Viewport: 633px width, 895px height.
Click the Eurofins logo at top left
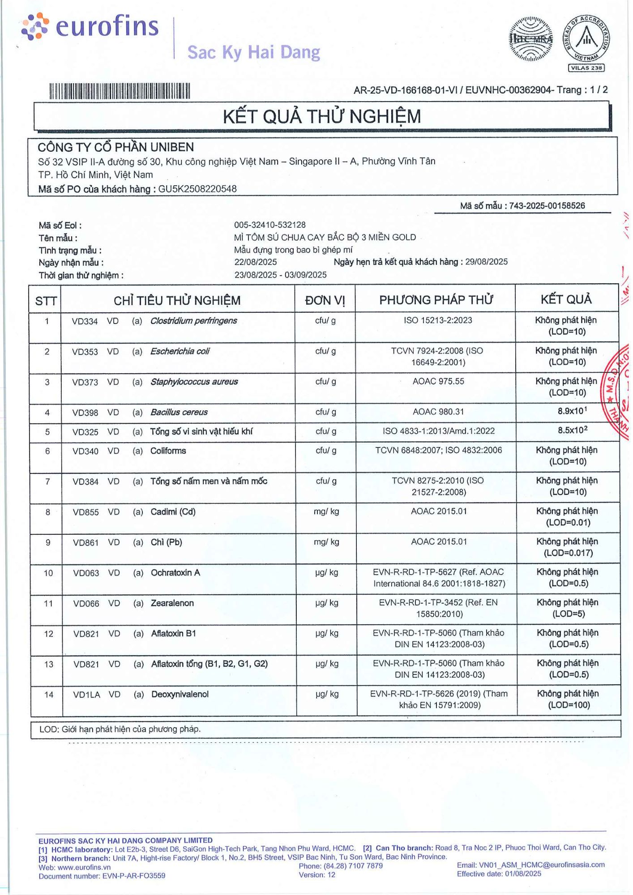point(90,27)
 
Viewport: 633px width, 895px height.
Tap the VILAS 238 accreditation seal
point(586,43)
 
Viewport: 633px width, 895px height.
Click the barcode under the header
point(120,91)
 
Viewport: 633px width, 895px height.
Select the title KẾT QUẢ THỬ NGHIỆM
point(322,117)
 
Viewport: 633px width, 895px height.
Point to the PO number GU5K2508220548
point(197,189)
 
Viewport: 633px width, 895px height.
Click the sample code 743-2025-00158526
point(547,206)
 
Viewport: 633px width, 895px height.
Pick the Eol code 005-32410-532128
point(270,225)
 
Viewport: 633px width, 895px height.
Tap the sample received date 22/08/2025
point(256,262)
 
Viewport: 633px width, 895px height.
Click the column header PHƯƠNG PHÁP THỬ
point(436,300)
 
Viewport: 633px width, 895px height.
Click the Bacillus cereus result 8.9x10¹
point(572,411)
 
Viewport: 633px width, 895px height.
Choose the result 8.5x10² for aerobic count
point(572,430)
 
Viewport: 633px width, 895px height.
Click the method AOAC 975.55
point(438,382)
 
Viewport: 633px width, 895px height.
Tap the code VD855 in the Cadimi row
point(86,512)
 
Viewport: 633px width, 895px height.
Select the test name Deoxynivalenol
point(180,695)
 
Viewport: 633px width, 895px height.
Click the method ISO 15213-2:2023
point(438,320)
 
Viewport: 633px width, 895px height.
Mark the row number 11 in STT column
point(48,604)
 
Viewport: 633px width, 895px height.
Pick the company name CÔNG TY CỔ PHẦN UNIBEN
point(115,147)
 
